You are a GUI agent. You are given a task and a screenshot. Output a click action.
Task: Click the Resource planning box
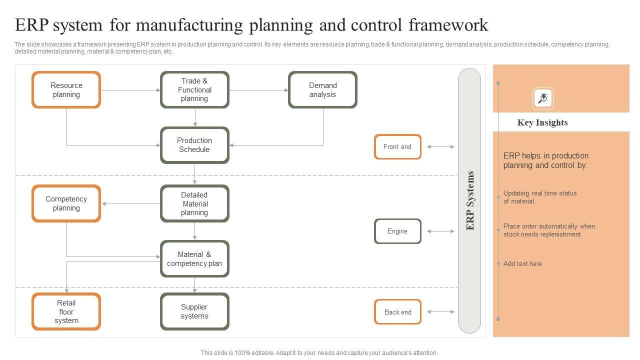[66, 89]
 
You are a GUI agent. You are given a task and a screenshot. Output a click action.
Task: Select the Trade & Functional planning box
[194, 89]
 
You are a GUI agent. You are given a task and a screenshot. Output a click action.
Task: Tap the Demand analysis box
[322, 89]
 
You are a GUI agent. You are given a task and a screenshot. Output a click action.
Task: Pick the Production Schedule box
[194, 145]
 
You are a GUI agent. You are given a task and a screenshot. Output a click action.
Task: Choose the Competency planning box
[66, 203]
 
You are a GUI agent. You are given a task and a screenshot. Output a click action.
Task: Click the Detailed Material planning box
[194, 203]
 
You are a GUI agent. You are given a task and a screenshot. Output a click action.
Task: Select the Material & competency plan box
[194, 258]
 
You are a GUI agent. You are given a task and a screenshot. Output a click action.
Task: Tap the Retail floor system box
[66, 311]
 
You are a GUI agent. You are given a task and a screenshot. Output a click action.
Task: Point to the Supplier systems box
[194, 311]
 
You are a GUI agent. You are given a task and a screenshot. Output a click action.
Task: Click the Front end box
[397, 146]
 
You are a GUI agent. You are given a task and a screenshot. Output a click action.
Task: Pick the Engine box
[397, 231]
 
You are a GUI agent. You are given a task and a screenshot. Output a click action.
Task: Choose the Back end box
[397, 311]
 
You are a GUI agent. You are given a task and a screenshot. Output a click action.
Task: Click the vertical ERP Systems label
[470, 200]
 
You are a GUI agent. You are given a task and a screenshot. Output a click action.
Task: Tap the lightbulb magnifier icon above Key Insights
[543, 98]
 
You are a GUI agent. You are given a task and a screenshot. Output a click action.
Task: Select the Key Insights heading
[542, 122]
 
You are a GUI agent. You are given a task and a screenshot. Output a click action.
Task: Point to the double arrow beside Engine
[440, 231]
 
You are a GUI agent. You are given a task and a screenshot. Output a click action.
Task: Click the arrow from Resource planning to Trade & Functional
[131, 90]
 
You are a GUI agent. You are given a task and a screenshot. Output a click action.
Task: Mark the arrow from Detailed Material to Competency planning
[131, 203]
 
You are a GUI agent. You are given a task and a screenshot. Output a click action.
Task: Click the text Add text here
[522, 263]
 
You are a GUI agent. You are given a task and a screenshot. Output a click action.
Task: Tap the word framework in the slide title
[448, 25]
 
